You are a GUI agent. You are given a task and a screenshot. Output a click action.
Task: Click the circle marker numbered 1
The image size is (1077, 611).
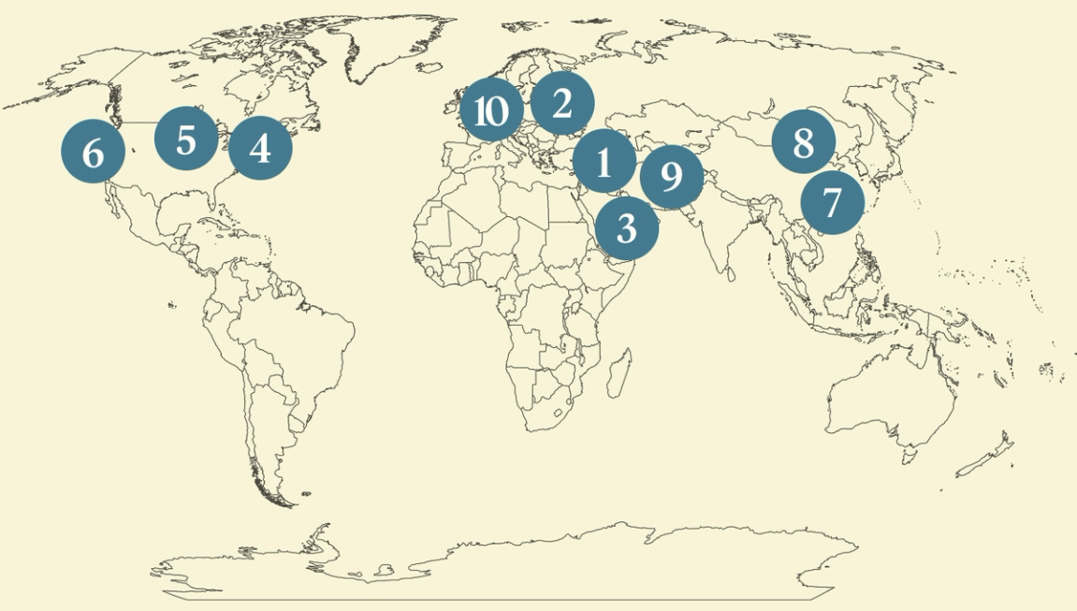(x=604, y=162)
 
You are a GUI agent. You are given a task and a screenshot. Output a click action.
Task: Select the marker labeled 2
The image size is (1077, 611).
(x=561, y=104)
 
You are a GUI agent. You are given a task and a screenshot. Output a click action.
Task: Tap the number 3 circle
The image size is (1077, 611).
(x=626, y=227)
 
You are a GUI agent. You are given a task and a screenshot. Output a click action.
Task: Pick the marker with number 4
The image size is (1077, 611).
(x=260, y=148)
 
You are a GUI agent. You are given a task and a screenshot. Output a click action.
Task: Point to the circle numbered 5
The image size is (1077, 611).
(x=186, y=139)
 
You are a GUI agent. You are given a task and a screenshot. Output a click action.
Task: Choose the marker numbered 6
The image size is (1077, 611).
(x=93, y=152)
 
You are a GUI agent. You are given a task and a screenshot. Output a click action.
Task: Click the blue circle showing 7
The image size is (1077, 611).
(x=832, y=201)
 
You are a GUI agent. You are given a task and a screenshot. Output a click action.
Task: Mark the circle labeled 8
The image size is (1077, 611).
(x=803, y=142)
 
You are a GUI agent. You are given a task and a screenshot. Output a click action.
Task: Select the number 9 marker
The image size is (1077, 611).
(x=670, y=176)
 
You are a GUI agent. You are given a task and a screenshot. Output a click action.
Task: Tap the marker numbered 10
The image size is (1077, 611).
(x=490, y=111)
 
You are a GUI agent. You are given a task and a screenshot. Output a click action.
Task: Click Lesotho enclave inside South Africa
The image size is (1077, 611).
(x=560, y=412)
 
